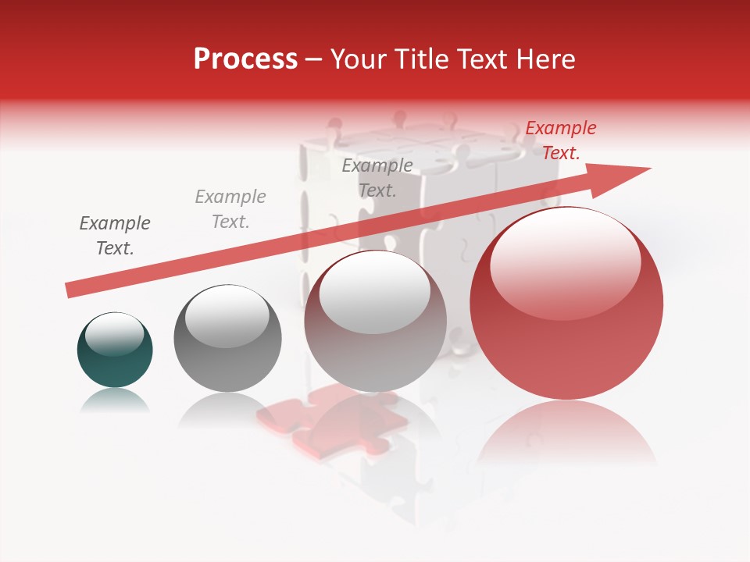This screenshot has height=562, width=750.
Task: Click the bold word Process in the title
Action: tap(245, 59)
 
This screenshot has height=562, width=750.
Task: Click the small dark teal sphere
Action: tap(115, 350)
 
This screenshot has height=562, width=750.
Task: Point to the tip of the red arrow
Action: tap(649, 169)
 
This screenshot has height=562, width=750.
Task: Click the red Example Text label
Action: tap(560, 140)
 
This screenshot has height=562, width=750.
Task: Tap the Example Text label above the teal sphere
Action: tap(115, 236)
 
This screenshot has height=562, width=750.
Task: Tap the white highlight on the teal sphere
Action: tap(115, 335)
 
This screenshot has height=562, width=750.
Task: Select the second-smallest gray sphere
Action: tap(227, 339)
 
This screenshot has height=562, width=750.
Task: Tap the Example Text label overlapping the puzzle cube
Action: tap(377, 177)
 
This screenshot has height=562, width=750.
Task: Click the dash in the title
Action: tap(313, 60)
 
